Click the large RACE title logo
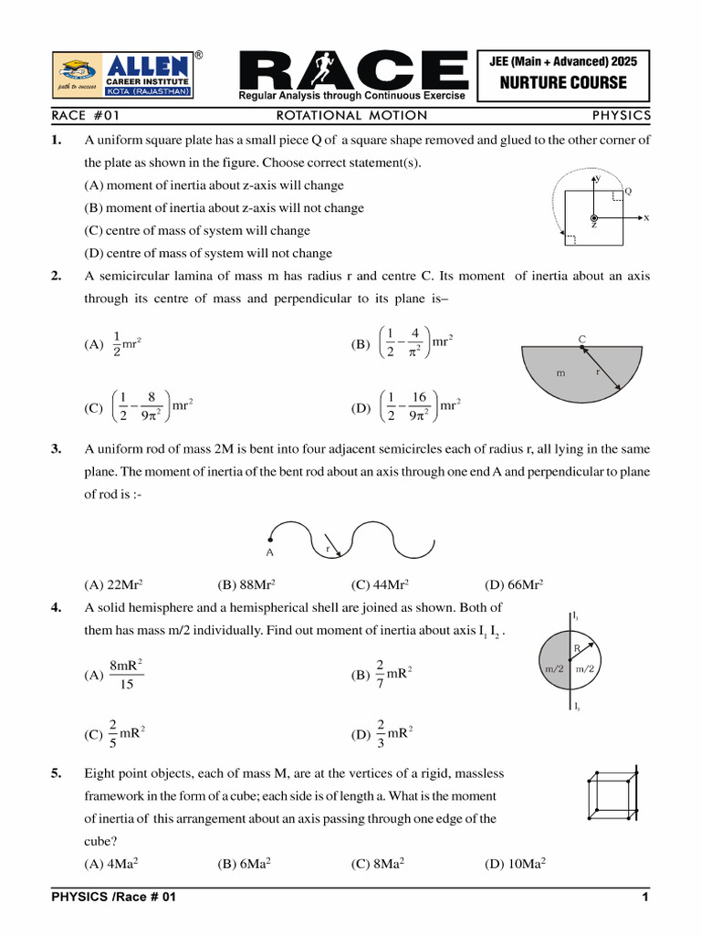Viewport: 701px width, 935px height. [x=352, y=71]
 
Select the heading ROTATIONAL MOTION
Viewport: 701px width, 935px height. [x=351, y=115]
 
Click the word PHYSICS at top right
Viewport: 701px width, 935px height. [x=621, y=115]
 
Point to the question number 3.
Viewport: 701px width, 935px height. [x=57, y=448]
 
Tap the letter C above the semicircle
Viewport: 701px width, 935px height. [x=581, y=340]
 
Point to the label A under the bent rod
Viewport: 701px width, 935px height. [x=269, y=552]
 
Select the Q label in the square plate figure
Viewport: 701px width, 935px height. [x=628, y=191]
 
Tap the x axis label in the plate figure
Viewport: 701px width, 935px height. [x=646, y=218]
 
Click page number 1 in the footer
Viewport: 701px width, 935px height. [x=644, y=898]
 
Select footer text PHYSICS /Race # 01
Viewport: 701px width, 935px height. [x=113, y=898]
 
